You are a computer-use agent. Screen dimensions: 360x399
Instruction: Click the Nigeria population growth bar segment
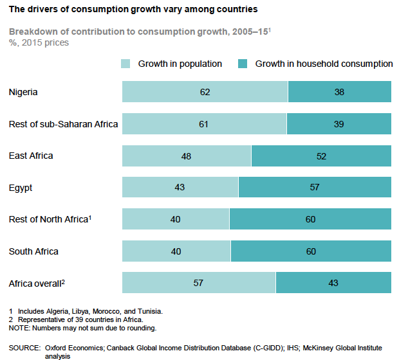205,92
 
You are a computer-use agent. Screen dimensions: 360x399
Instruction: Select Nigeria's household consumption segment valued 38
339,92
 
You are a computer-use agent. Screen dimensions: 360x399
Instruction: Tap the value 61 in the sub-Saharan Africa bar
203,123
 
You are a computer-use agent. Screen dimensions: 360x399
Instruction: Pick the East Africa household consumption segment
321,156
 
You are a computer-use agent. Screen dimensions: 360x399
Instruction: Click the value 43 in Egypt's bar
180,187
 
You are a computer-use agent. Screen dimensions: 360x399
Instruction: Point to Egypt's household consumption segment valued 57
315,187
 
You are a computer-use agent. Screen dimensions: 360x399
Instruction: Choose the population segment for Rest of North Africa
176,219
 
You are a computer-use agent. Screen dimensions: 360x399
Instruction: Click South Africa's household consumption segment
311,251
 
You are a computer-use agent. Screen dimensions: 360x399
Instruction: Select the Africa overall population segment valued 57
199,283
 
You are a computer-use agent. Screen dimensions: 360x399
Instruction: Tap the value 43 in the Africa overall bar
333,283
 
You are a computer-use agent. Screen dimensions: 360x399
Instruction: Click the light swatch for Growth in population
126,64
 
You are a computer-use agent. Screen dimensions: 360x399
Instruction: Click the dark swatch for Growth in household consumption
243,64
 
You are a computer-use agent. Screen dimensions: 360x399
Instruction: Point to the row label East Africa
31,156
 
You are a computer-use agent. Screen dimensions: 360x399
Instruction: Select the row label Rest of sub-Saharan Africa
63,123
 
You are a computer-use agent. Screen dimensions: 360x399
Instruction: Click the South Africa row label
34,251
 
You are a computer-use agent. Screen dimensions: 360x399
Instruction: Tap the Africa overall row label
35,283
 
